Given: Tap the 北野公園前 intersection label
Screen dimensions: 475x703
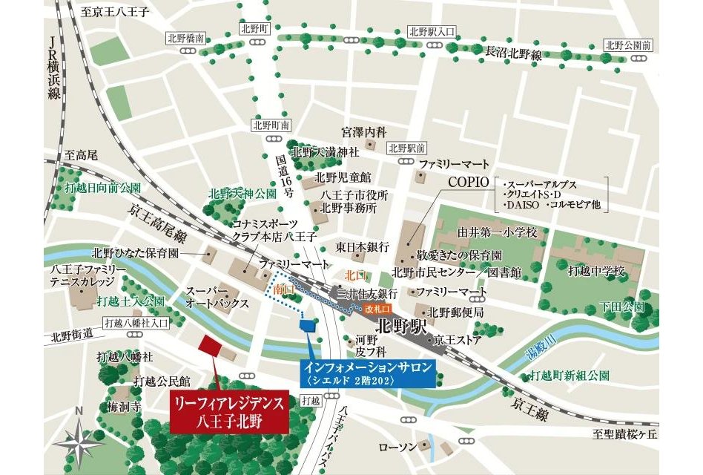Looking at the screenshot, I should point(627,45).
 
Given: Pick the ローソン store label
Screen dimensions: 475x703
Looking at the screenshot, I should point(395,447).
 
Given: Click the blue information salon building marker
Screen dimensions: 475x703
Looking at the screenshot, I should point(306,323).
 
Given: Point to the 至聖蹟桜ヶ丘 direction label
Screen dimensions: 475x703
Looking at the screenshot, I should point(624,433).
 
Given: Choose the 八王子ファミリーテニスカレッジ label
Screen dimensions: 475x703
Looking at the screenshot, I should point(82,275).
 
